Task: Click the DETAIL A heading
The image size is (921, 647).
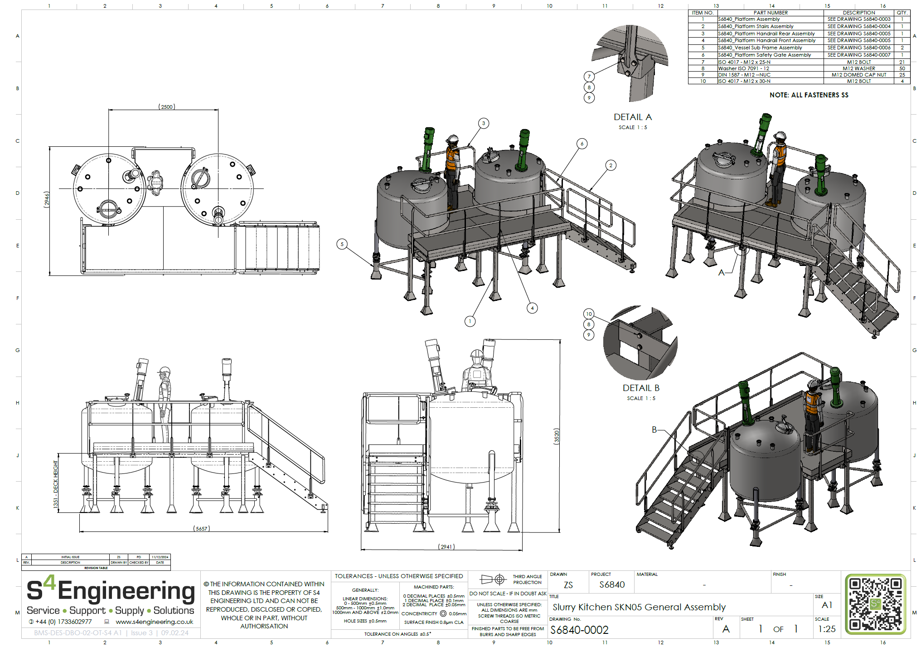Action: click(632, 117)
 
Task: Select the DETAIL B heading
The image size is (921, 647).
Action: click(641, 388)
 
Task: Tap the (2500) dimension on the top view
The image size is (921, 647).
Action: click(167, 107)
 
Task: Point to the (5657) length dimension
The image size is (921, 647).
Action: click(202, 529)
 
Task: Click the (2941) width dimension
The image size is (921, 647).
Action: click(446, 547)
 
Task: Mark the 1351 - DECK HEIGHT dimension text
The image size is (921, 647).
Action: click(56, 484)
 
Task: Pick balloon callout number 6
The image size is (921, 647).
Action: click(582, 144)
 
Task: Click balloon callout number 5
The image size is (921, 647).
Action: click(342, 244)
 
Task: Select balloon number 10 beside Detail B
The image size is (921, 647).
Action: click(589, 314)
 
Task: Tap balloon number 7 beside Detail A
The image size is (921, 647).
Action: click(589, 77)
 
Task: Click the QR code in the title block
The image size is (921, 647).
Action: click(875, 604)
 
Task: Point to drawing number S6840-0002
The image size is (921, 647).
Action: click(579, 630)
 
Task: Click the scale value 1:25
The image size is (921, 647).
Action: click(827, 629)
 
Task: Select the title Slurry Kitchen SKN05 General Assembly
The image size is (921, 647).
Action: click(639, 607)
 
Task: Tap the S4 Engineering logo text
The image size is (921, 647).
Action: click(111, 591)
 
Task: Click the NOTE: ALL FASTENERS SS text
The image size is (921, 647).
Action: click(809, 95)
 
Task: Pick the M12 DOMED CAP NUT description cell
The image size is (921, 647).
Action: click(858, 75)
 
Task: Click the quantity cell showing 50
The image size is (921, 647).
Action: click(902, 68)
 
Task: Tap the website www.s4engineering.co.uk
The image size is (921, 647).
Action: click(154, 622)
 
